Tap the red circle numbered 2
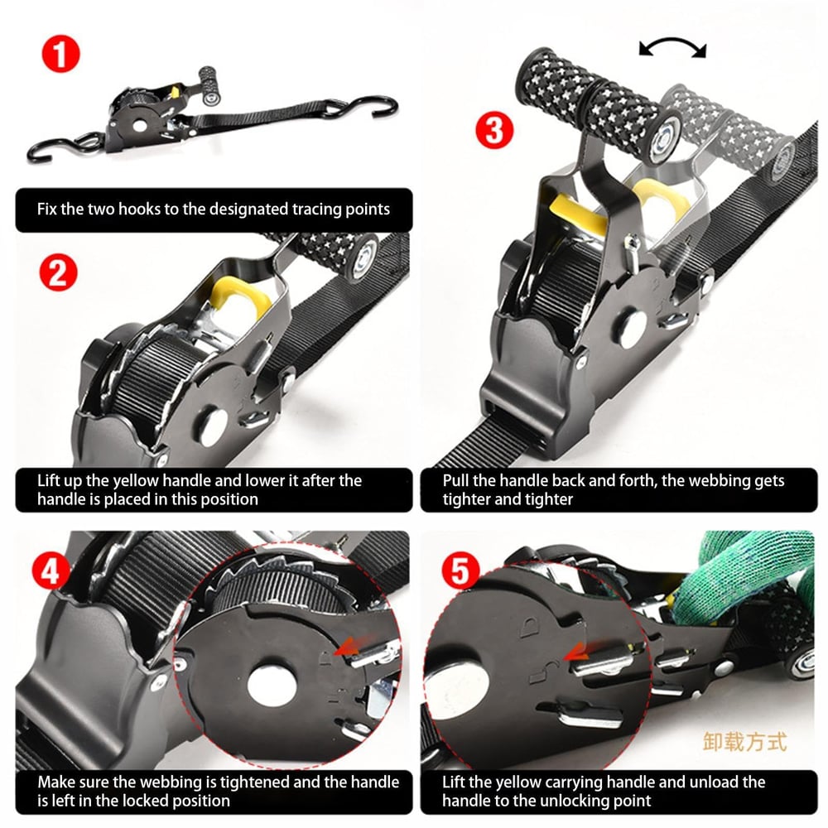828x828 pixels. pyautogui.click(x=56, y=272)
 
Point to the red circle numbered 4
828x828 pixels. pyautogui.click(x=51, y=570)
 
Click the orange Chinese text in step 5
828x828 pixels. pyautogui.click(x=744, y=740)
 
